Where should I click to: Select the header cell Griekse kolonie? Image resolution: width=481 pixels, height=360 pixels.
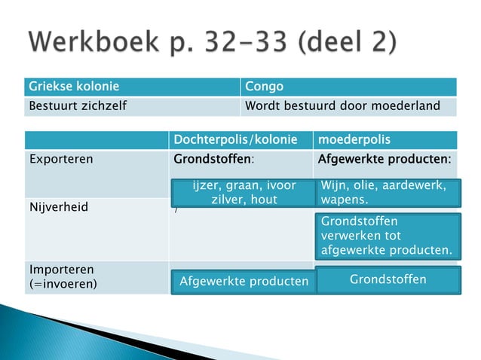coord(74,87)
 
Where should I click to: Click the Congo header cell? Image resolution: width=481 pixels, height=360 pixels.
coord(269,87)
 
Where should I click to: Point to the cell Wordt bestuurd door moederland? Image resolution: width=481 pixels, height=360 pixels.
coord(342,106)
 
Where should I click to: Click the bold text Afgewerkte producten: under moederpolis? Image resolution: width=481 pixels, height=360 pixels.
coord(384,160)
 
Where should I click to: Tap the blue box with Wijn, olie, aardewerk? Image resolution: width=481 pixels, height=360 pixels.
coord(387,192)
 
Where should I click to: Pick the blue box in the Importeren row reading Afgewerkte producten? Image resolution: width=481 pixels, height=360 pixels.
coord(244,281)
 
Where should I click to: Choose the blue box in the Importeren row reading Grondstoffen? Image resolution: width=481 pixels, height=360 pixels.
coord(388,279)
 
